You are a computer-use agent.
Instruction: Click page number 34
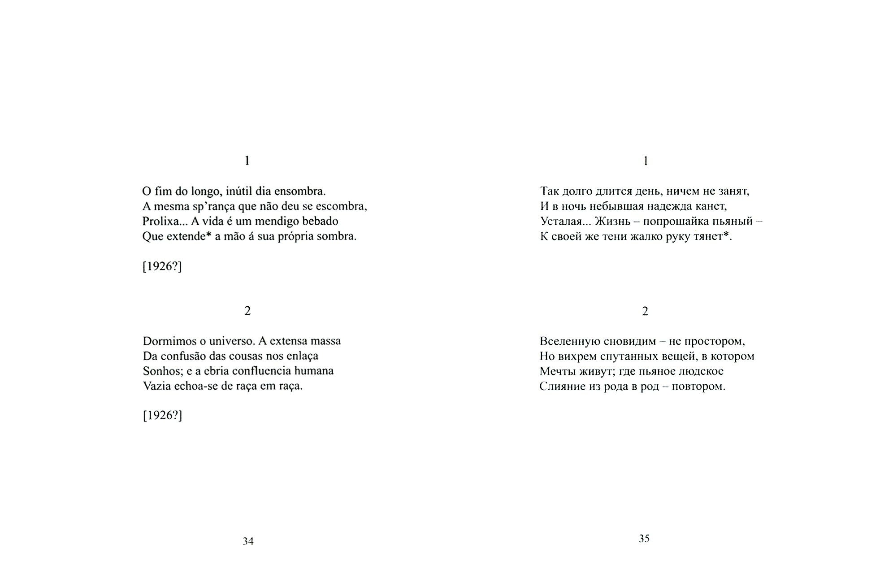click(248, 542)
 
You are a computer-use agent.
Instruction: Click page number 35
click(644, 539)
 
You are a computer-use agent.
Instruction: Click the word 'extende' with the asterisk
click(186, 236)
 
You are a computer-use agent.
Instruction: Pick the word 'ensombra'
click(303, 191)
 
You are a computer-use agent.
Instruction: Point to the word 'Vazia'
click(157, 386)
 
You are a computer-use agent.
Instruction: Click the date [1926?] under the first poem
click(162, 266)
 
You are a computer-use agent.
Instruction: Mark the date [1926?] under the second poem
click(162, 416)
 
